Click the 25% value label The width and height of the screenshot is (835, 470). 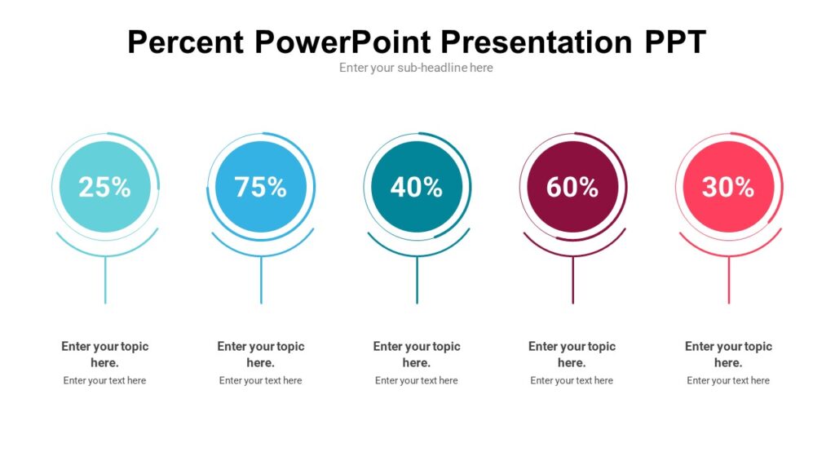[104, 187]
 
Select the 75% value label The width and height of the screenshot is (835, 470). [261, 187]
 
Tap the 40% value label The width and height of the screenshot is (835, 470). [417, 187]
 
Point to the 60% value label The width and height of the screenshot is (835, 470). [572, 187]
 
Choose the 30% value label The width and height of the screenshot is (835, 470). [728, 187]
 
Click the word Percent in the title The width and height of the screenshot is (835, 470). [186, 42]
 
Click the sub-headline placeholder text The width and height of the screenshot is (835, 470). [416, 68]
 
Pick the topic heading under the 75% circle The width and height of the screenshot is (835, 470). [261, 354]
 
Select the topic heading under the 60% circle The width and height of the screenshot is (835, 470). [572, 354]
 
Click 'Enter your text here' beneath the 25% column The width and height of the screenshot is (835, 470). [104, 380]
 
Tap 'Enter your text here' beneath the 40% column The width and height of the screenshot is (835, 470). [417, 380]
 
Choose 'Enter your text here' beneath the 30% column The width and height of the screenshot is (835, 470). [728, 380]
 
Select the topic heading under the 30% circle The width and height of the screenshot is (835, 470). [728, 354]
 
